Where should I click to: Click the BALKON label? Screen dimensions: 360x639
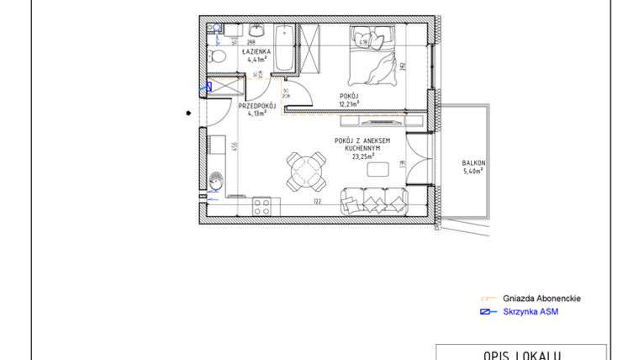pos(474,166)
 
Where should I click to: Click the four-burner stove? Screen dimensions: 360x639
pos(261,204)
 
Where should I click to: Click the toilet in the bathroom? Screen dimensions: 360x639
pos(217,57)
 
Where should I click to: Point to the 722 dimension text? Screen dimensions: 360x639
pos(318,202)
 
